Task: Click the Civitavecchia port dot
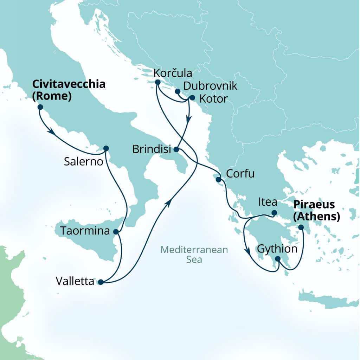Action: pyautogui.click(x=40, y=107)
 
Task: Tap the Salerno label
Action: pyautogui.click(x=83, y=162)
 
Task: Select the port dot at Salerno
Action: pyautogui.click(x=106, y=148)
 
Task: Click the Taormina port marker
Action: pyautogui.click(x=116, y=232)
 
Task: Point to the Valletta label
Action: pyautogui.click(x=75, y=282)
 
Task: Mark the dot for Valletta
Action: pyautogui.click(x=100, y=282)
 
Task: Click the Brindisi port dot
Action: pyautogui.click(x=176, y=150)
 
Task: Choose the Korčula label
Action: pyautogui.click(x=173, y=73)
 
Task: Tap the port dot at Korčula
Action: pyautogui.click(x=157, y=82)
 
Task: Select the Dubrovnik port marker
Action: pyautogui.click(x=178, y=92)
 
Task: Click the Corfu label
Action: pyautogui.click(x=240, y=174)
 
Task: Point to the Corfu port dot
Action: pyautogui.click(x=219, y=180)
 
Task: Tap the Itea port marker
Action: pyautogui.click(x=274, y=213)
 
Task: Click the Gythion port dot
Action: pyautogui.click(x=278, y=259)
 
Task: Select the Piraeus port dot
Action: pyautogui.click(x=301, y=227)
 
